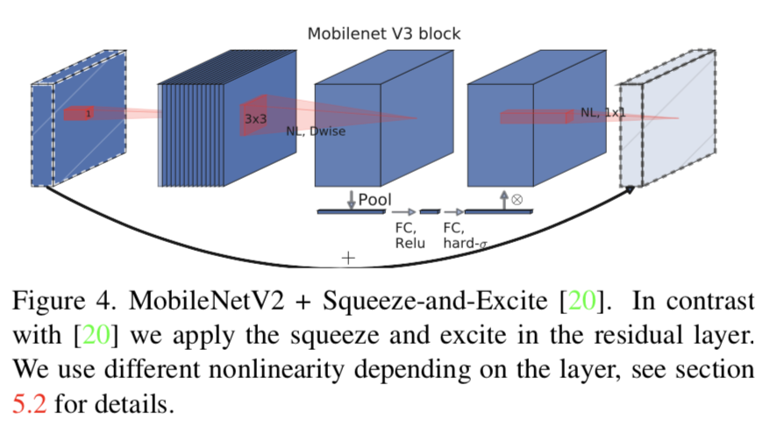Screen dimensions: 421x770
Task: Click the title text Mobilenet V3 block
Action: pyautogui.click(x=383, y=34)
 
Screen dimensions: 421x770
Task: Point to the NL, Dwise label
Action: pyautogui.click(x=315, y=132)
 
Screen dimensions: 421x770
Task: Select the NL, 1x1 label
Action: pyautogui.click(x=603, y=112)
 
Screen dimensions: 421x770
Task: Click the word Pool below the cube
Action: pyautogui.click(x=374, y=200)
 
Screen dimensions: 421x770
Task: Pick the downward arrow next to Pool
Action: pyautogui.click(x=352, y=199)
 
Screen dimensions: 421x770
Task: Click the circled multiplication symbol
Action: pyautogui.click(x=517, y=199)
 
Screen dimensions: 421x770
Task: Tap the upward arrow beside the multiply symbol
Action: pyautogui.click(x=504, y=200)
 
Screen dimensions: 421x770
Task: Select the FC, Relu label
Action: pyautogui.click(x=409, y=235)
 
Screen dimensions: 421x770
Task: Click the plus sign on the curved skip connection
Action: pyautogui.click(x=348, y=258)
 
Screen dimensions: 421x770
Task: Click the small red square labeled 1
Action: pyautogui.click(x=88, y=113)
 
